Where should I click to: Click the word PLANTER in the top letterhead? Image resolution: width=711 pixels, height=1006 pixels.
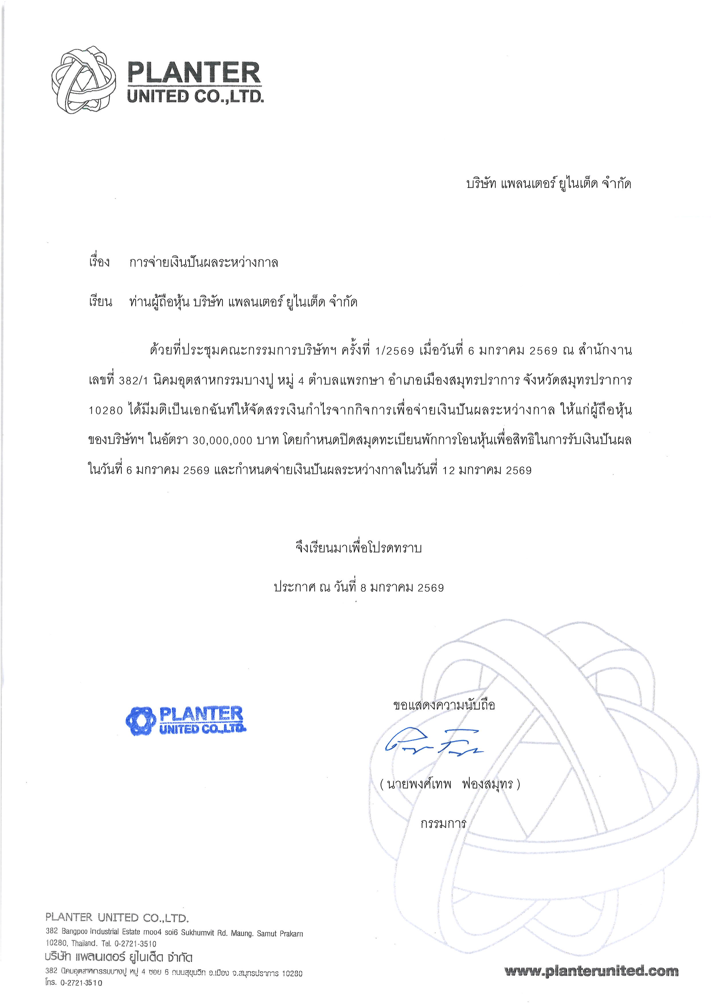click(194, 73)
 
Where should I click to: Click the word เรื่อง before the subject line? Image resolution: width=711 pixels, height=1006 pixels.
click(99, 263)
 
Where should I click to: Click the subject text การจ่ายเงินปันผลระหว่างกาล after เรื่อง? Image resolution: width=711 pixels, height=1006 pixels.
click(204, 263)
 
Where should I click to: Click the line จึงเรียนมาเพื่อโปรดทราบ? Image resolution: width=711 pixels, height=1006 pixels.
click(359, 548)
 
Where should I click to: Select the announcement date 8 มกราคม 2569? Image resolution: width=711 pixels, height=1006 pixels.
click(402, 587)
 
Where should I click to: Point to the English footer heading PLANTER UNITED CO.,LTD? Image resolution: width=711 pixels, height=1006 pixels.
click(117, 917)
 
